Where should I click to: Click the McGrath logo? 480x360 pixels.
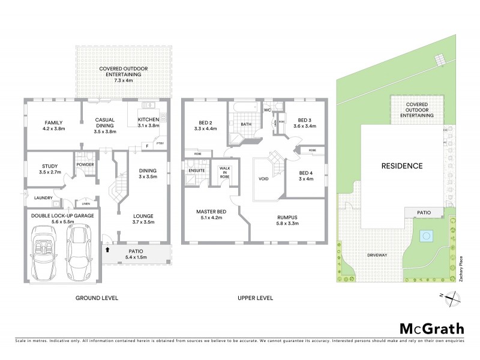pos(431,328)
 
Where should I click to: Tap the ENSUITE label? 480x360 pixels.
pos(197,170)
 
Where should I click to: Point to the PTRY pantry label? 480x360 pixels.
pos(160,143)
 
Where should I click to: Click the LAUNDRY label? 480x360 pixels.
pos(43,197)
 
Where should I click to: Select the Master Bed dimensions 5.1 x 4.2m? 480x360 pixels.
pos(210,218)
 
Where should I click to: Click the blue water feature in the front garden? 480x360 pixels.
pos(426,235)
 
